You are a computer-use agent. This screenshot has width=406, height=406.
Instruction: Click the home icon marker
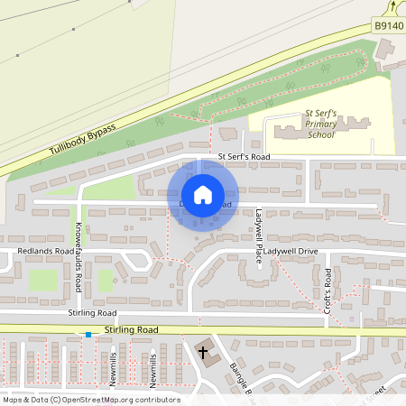pos(203,195)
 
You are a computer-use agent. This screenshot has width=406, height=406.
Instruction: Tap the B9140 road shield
pos(388,28)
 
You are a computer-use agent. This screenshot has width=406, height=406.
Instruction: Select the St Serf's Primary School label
pos(320,125)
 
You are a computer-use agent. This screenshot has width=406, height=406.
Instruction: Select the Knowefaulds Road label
pos(78,257)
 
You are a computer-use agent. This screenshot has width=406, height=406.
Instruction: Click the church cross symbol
pos(203,352)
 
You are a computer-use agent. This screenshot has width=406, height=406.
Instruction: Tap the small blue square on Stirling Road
pos(88,335)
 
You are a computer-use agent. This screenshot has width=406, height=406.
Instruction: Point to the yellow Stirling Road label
pos(132,330)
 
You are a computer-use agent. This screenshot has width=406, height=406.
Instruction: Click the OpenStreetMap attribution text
pos(90,400)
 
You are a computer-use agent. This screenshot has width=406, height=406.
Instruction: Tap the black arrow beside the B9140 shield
pos(394,8)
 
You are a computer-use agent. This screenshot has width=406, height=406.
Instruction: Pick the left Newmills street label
pos(113,371)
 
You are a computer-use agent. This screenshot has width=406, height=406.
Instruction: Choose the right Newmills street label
pos(153,371)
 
